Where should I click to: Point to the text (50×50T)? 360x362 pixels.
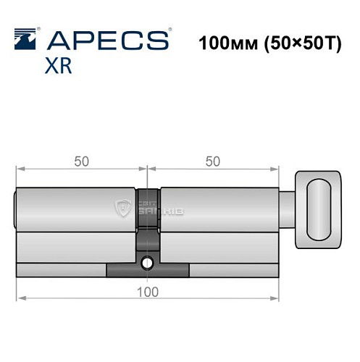(x=296, y=41)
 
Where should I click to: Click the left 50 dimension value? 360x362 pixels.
(x=80, y=161)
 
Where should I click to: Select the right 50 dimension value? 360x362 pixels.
(x=213, y=161)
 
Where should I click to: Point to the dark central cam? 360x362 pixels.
(x=147, y=217)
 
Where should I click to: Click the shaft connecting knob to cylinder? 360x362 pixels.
(x=288, y=210)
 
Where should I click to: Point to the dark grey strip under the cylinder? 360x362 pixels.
(x=148, y=270)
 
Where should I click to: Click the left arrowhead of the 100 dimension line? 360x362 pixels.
(x=19, y=298)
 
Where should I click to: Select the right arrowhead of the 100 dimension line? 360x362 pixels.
(x=276, y=298)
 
